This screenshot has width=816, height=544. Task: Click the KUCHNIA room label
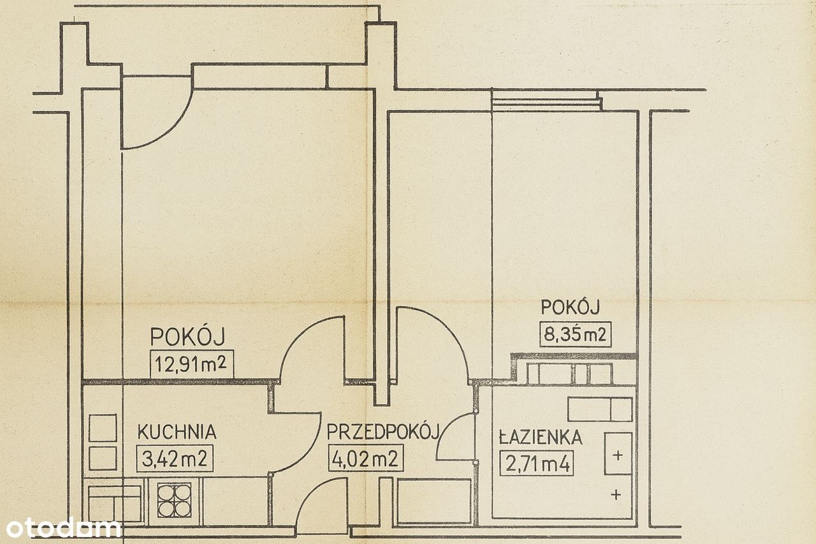tap(177, 432)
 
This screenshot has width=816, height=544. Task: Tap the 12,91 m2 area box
tap(192, 364)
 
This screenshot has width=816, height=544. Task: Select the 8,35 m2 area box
tap(575, 334)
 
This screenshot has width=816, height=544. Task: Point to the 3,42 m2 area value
tap(175, 459)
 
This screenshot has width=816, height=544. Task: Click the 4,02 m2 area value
tap(365, 459)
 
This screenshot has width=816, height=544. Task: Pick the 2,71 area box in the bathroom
tap(537, 463)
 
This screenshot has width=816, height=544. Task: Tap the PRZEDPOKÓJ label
tap(383, 432)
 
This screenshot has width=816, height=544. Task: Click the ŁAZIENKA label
tap(541, 437)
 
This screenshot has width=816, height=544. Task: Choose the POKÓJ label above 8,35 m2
tap(571, 307)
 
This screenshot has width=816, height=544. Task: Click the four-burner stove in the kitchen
tap(175, 500)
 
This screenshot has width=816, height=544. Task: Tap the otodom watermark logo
tap(63, 528)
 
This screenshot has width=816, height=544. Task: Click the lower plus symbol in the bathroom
tap(616, 494)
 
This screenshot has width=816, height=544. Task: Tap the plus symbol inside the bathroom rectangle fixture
tap(618, 455)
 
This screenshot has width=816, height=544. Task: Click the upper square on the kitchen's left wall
tap(103, 428)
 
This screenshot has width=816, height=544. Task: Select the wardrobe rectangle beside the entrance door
tap(434, 502)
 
